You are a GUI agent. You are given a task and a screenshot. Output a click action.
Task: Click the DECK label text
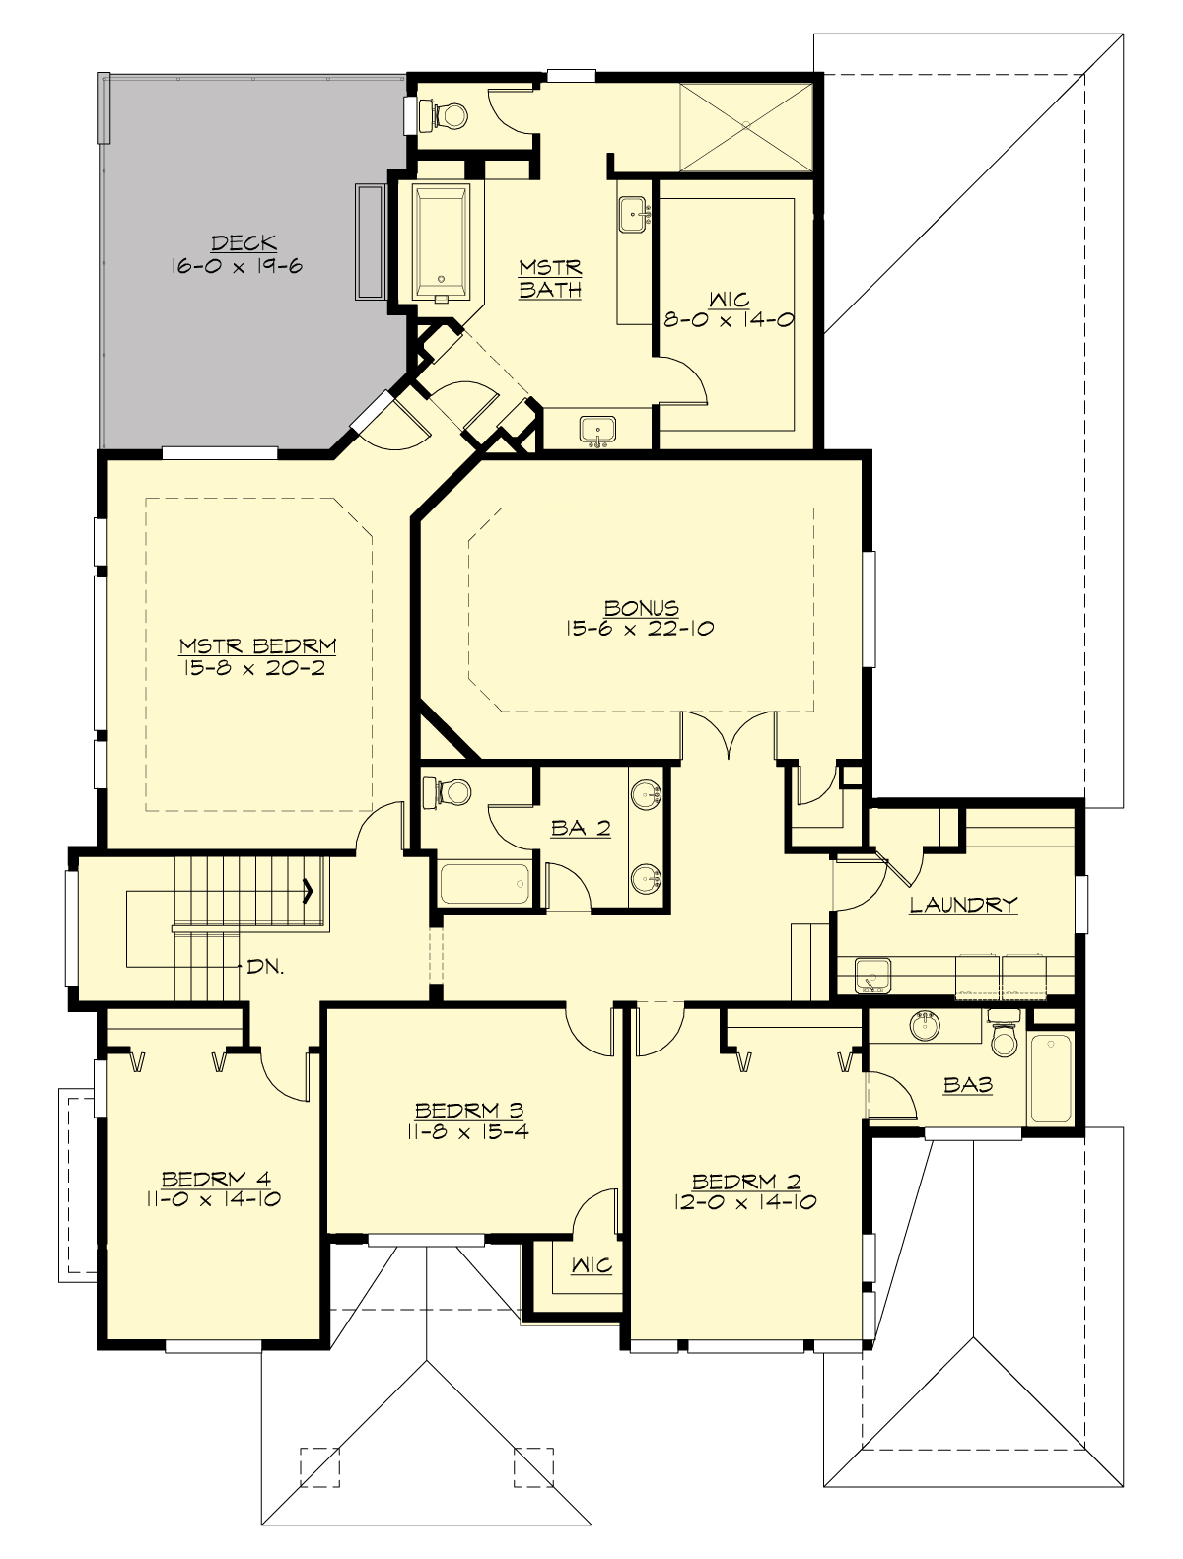tap(243, 242)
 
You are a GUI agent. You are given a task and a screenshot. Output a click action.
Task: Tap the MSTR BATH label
tap(550, 279)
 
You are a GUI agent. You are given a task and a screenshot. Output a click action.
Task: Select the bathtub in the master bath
tap(441, 241)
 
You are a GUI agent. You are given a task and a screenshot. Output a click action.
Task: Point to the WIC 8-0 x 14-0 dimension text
tap(730, 319)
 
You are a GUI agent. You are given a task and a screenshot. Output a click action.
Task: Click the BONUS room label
tap(642, 608)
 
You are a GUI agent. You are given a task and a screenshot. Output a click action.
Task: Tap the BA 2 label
tap(581, 829)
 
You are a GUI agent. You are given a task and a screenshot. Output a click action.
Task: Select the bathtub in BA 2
tap(484, 884)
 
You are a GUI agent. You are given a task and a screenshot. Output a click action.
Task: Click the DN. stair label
tap(265, 968)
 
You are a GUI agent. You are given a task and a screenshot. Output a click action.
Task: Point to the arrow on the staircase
tap(308, 891)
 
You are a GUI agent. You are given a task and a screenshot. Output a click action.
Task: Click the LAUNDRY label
tap(962, 904)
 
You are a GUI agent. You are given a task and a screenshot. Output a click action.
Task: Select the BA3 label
tap(967, 1085)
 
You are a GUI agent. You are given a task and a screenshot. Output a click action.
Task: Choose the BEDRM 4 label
tap(216, 1179)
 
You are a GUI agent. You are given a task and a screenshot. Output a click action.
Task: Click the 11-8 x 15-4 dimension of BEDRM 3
tap(467, 1131)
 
